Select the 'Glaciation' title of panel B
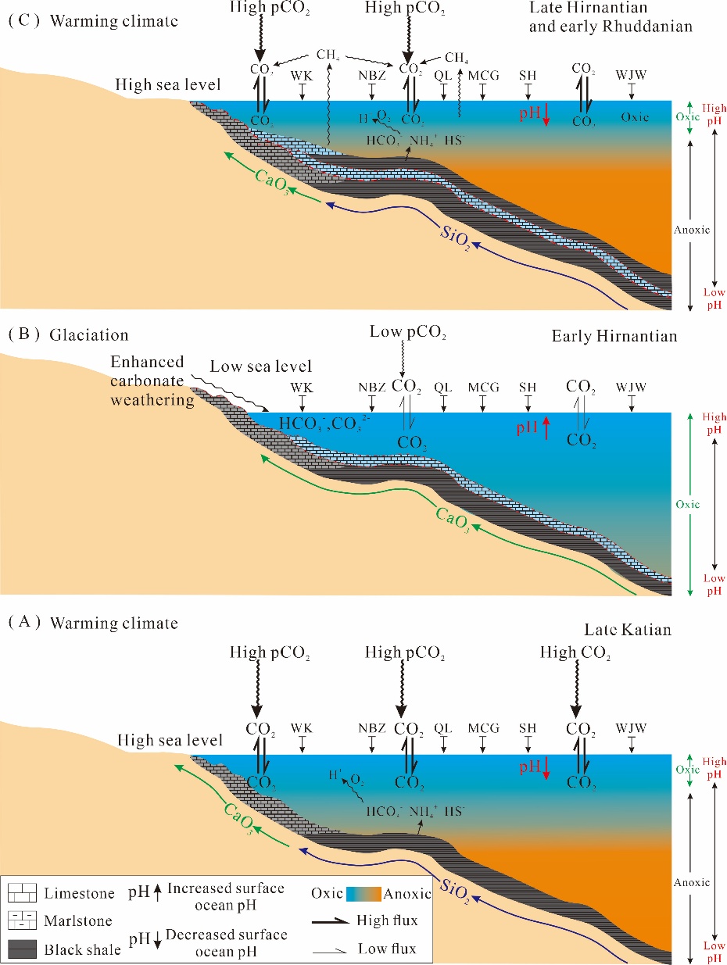click(88, 335)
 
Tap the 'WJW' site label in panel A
click(632, 728)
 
